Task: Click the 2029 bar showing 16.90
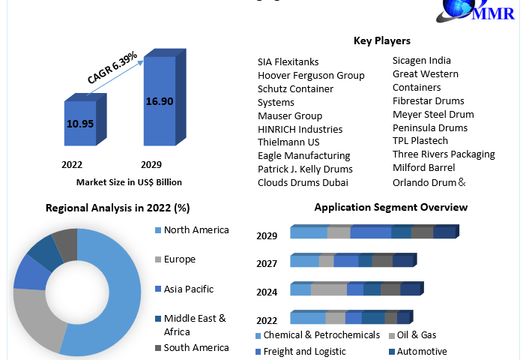(159, 101)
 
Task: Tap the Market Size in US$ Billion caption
(129, 182)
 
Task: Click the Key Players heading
(381, 40)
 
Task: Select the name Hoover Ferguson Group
(311, 75)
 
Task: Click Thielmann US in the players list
(288, 142)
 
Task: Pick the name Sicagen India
(422, 61)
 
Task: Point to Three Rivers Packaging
(444, 154)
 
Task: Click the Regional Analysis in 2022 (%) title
(118, 208)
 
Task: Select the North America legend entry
(196, 230)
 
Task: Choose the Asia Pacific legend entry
(188, 289)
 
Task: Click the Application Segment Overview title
(390, 207)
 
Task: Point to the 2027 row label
(267, 263)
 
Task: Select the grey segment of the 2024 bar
(328, 289)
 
